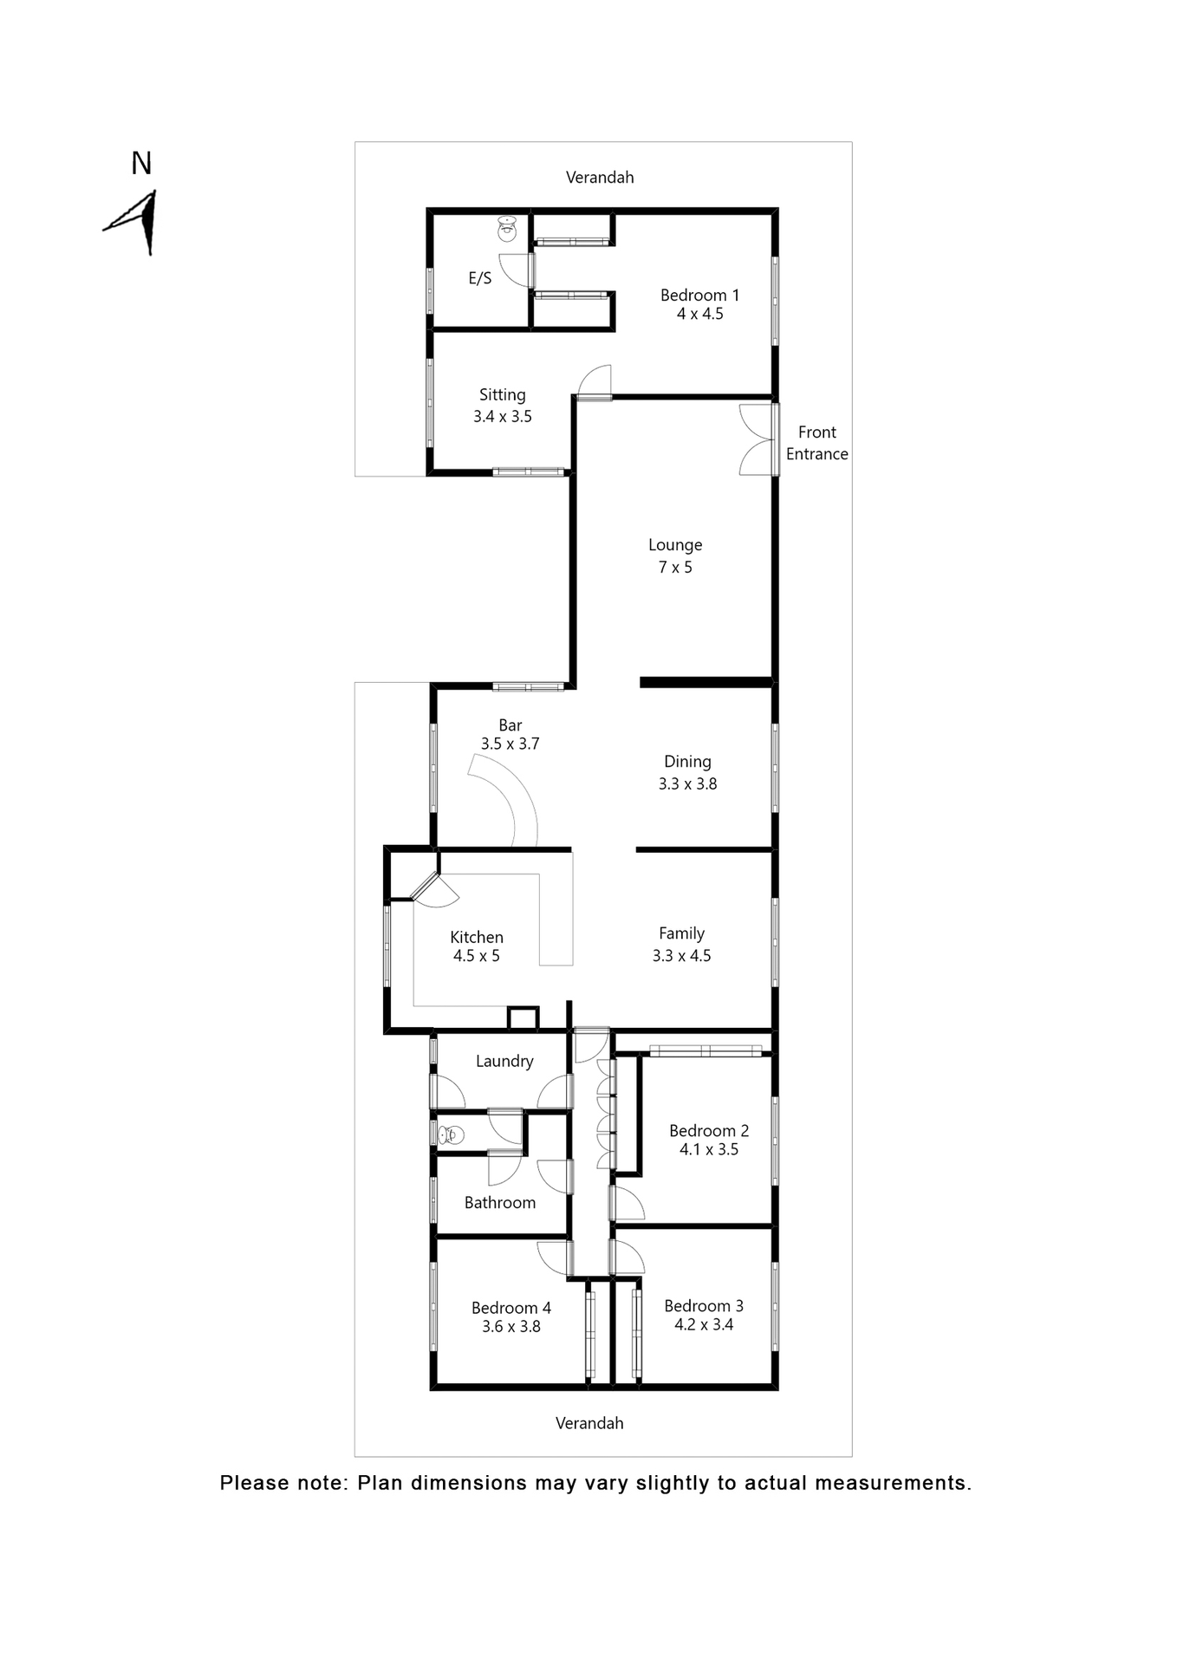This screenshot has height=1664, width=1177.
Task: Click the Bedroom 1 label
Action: (x=699, y=296)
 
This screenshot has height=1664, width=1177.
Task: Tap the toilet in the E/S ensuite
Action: (x=507, y=230)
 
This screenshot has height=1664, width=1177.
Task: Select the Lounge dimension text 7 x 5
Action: (x=675, y=568)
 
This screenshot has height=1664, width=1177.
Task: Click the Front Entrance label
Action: (x=816, y=443)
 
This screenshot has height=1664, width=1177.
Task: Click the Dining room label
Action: (x=687, y=762)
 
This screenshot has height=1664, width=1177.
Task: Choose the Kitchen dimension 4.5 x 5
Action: (x=476, y=956)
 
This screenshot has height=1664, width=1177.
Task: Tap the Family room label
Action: (x=681, y=933)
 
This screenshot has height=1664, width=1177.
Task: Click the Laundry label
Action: (x=504, y=1061)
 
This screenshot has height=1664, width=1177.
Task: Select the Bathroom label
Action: (x=500, y=1202)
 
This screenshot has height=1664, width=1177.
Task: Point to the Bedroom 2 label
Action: (x=708, y=1130)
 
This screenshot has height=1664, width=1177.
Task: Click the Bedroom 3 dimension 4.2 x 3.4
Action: (x=704, y=1324)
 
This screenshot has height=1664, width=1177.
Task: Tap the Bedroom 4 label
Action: (x=510, y=1308)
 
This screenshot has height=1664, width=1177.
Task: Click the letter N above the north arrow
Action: (x=141, y=163)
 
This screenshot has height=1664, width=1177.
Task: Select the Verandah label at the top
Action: (x=600, y=178)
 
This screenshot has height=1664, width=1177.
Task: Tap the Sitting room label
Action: (x=502, y=395)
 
